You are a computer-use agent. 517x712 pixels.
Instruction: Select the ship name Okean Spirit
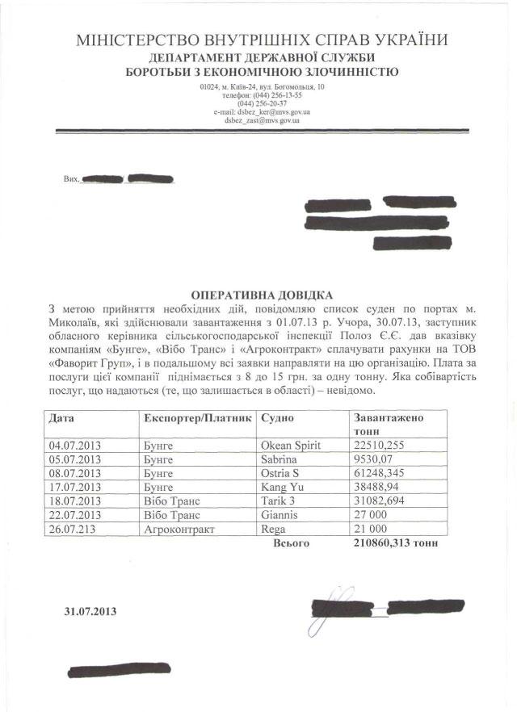(x=290, y=445)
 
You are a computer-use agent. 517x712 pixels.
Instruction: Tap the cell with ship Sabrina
(x=279, y=458)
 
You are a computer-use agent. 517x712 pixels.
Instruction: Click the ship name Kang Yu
(x=280, y=487)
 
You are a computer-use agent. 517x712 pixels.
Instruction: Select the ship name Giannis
(x=280, y=514)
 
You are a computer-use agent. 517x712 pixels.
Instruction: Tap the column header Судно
(x=277, y=419)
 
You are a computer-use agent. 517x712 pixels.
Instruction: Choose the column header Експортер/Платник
(x=197, y=419)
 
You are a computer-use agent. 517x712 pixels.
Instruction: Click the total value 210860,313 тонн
(x=396, y=543)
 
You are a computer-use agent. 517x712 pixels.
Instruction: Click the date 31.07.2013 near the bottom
(x=90, y=611)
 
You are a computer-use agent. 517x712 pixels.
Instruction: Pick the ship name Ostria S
(x=280, y=472)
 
